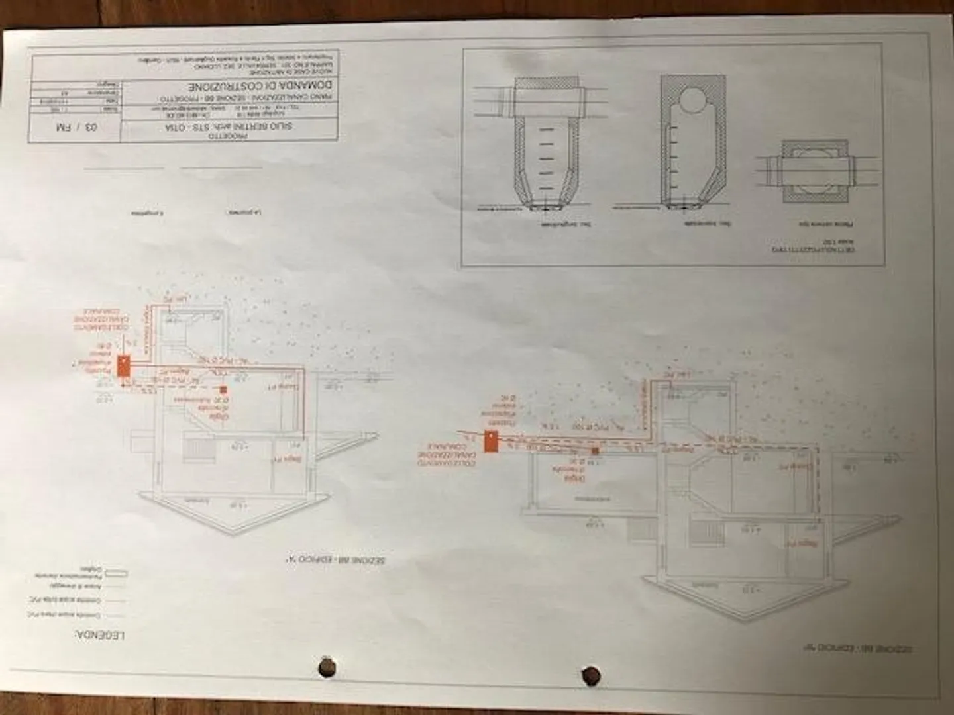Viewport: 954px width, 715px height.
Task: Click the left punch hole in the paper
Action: pyautogui.click(x=325, y=667)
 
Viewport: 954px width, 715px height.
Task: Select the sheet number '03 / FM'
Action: pyautogui.click(x=73, y=126)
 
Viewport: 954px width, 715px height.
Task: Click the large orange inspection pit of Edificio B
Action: pyautogui.click(x=491, y=442)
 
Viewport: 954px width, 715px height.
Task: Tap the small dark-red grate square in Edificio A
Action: pyautogui.click(x=223, y=391)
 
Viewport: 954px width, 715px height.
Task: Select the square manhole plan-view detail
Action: pyautogui.click(x=804, y=171)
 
